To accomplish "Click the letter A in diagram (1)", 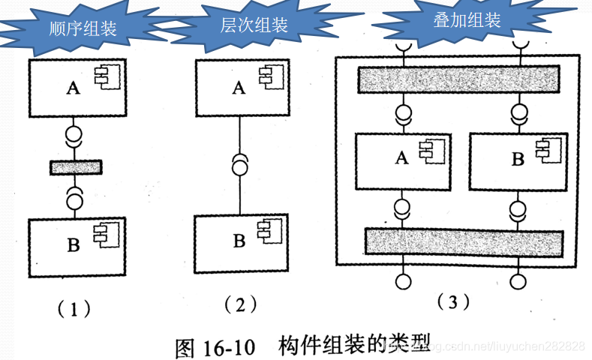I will coord(73,88).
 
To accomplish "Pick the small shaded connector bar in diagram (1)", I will coord(75,167).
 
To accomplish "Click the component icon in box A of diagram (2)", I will coord(266,76).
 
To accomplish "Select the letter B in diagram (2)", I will coord(239,241).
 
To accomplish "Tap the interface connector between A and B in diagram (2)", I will coord(239,163).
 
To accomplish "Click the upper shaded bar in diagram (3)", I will coord(458,79).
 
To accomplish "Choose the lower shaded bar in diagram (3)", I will coord(463,241).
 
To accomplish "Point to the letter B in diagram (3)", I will coord(517,159).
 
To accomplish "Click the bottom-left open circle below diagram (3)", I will coord(404,282).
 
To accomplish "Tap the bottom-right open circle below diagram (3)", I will coord(518,282).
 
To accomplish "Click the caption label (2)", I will coord(240,304).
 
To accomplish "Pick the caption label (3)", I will coord(453,301).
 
